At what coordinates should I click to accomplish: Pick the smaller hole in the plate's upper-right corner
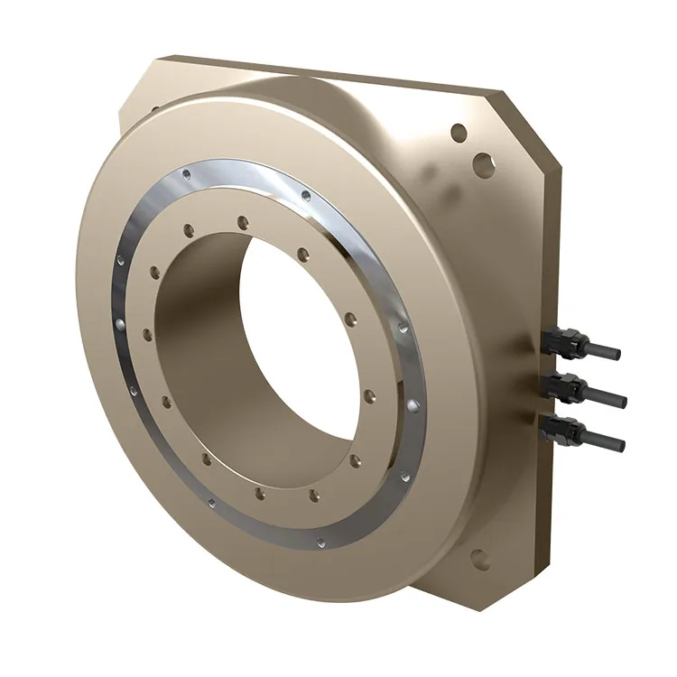point(459,133)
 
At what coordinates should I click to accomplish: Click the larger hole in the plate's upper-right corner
point(486,164)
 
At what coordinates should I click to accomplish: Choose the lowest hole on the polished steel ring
point(320,543)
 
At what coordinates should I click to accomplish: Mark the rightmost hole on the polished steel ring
point(412,406)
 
